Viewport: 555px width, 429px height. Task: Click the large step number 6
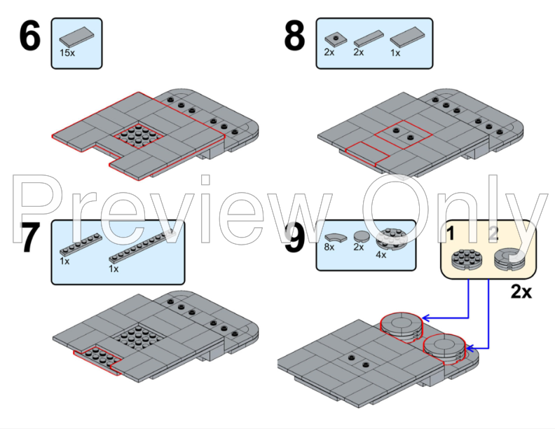(x=29, y=36)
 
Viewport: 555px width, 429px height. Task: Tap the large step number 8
(x=294, y=36)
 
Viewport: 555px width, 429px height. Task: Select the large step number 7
(x=29, y=238)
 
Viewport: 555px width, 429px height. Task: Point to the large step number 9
(x=294, y=238)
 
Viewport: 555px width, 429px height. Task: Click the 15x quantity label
(x=67, y=53)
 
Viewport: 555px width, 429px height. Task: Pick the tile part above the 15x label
(x=77, y=37)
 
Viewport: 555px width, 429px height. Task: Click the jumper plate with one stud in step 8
(x=336, y=39)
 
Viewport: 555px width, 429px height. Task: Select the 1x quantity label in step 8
(x=395, y=53)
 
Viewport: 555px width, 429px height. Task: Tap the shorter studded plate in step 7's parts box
(x=81, y=244)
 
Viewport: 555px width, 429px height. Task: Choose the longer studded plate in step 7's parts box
(x=142, y=246)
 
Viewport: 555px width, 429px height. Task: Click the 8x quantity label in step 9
(x=329, y=247)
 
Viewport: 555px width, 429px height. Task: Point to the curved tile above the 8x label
(x=336, y=238)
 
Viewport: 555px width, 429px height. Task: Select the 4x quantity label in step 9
(x=381, y=255)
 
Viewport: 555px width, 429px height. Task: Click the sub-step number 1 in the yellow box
(x=450, y=233)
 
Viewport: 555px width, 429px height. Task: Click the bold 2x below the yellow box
(x=521, y=292)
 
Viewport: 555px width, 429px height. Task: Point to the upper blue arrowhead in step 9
(x=426, y=318)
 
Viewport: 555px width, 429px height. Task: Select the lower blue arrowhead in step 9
(x=470, y=348)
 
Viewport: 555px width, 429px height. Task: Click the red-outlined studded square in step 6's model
(x=139, y=135)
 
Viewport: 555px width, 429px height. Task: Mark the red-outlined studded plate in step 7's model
(x=97, y=359)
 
